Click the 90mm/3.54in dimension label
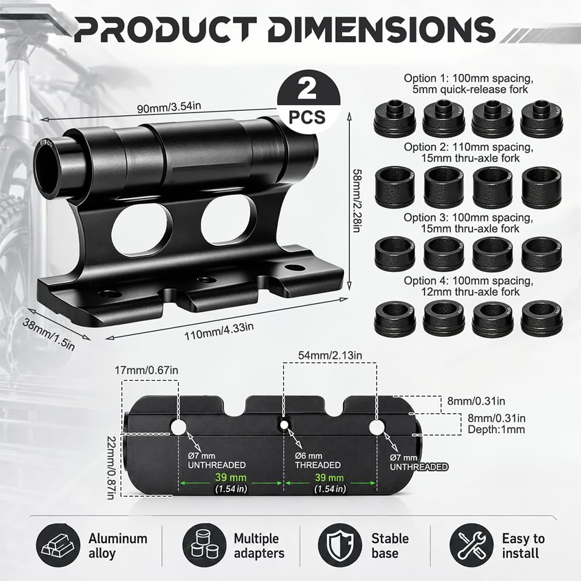pos(169,107)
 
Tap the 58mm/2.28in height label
pos(357,200)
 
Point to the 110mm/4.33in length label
pos(219,331)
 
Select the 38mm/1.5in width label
pos(49,334)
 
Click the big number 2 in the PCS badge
pos(307,90)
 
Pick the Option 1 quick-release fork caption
pos(468,84)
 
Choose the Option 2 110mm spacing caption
pos(468,152)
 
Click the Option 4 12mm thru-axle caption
pos(468,286)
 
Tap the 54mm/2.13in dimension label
pos(330,355)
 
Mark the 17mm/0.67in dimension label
pos(146,370)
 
